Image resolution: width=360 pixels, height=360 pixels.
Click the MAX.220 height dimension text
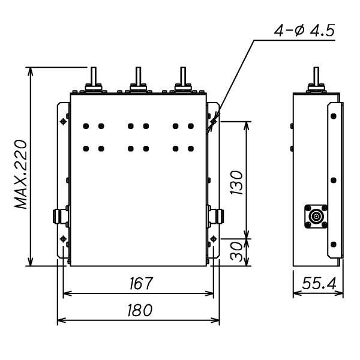pyautogui.click(x=23, y=175)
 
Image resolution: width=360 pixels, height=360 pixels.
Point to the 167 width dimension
pyautogui.click(x=139, y=283)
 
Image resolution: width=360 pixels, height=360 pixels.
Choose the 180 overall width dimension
pyautogui.click(x=139, y=311)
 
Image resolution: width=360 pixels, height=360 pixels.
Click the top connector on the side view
pyautogui.click(x=316, y=82)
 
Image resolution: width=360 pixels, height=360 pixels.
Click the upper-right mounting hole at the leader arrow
pyautogui.click(x=213, y=122)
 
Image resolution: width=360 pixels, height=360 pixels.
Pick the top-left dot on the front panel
pyautogui.click(x=86, y=126)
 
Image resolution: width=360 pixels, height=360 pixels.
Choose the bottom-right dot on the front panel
pyautogui.click(x=191, y=148)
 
